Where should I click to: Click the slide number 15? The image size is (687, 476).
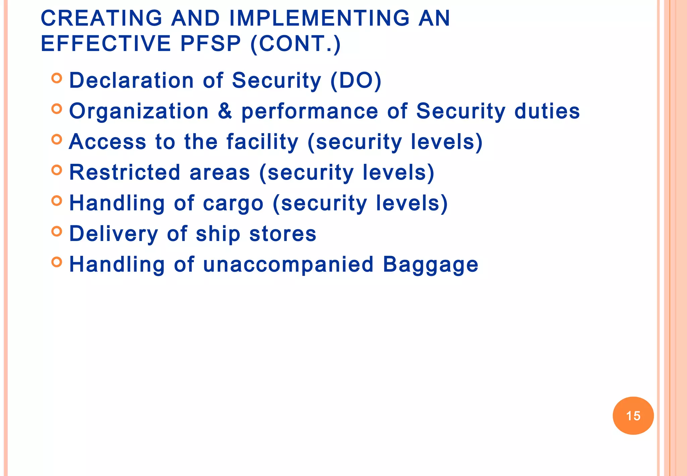(633, 416)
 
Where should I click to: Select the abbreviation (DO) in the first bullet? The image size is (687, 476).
(356, 81)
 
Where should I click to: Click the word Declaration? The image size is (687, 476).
(131, 81)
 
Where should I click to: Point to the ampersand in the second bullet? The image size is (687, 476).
(225, 111)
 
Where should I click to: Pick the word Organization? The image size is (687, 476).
(139, 111)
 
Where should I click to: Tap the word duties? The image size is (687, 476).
(547, 111)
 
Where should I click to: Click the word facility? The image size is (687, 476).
(262, 142)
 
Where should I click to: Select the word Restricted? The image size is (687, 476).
(125, 172)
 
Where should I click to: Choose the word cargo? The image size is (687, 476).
(233, 203)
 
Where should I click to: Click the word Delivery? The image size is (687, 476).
(113, 234)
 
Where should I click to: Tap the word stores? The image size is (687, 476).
(283, 234)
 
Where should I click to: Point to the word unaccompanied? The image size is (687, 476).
(288, 265)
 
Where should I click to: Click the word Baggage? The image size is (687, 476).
(431, 265)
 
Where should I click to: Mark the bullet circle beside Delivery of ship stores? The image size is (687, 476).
(57, 231)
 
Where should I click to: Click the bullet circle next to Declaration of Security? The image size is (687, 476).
(57, 78)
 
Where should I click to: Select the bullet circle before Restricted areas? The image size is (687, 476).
(57, 170)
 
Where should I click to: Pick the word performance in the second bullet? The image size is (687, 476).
(310, 111)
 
